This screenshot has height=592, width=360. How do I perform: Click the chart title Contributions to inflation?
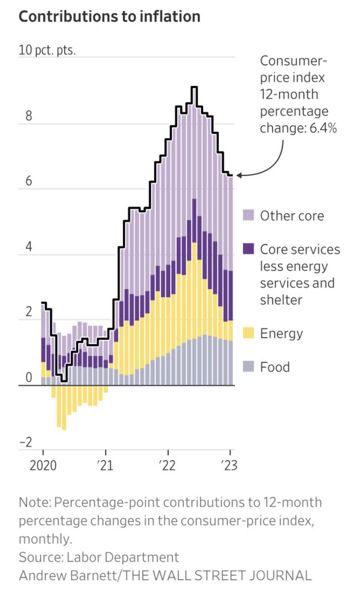pos(109,16)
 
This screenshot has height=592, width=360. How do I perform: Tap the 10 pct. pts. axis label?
pos(47,51)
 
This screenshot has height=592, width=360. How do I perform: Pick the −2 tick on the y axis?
pos(25,442)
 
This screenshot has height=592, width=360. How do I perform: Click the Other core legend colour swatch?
pos(248,216)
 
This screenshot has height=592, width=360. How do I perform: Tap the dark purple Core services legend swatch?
pos(248,249)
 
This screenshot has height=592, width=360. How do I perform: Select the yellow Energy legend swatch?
pos(248,333)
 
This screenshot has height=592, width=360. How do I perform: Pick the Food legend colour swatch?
pos(248,367)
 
